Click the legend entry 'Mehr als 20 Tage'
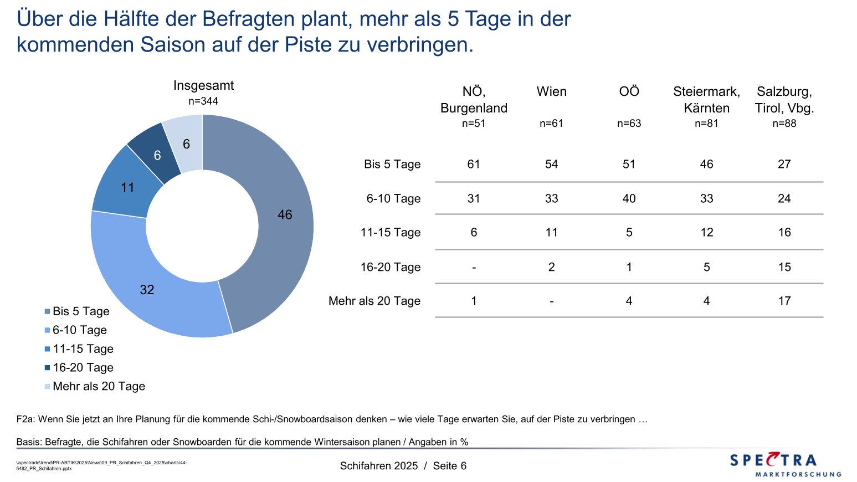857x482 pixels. [x=98, y=386]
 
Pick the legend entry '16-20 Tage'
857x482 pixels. [x=83, y=367]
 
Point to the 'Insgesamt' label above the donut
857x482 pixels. [x=203, y=85]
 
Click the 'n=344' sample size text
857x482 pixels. [x=203, y=101]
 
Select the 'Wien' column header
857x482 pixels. [x=551, y=91]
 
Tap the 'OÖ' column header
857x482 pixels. [x=629, y=91]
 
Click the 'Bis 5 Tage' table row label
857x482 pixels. [x=392, y=164]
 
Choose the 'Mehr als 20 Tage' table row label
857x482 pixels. [x=374, y=301]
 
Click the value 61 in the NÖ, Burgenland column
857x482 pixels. [x=474, y=164]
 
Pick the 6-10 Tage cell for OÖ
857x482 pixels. [x=629, y=198]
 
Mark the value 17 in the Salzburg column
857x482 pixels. [x=784, y=301]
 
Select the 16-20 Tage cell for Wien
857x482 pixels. [x=551, y=267]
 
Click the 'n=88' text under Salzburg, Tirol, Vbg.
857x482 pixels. [x=784, y=124]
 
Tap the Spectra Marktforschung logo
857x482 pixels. [x=784, y=464]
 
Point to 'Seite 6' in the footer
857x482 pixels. [x=449, y=466]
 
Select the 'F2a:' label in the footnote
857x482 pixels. [x=26, y=419]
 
